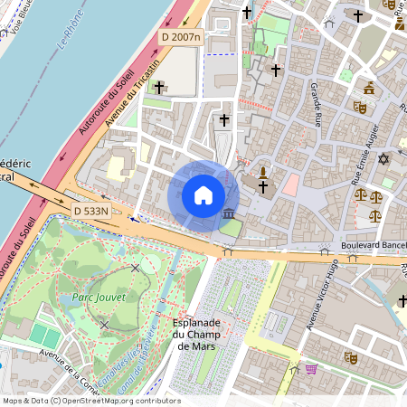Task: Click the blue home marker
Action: (x=203, y=195)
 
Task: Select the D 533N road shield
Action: (x=90, y=211)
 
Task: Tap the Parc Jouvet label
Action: (x=92, y=296)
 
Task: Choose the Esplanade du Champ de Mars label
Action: (x=195, y=334)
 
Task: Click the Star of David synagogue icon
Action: (x=382, y=159)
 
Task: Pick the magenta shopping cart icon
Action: (x=311, y=369)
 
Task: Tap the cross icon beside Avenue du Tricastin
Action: (x=159, y=87)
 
